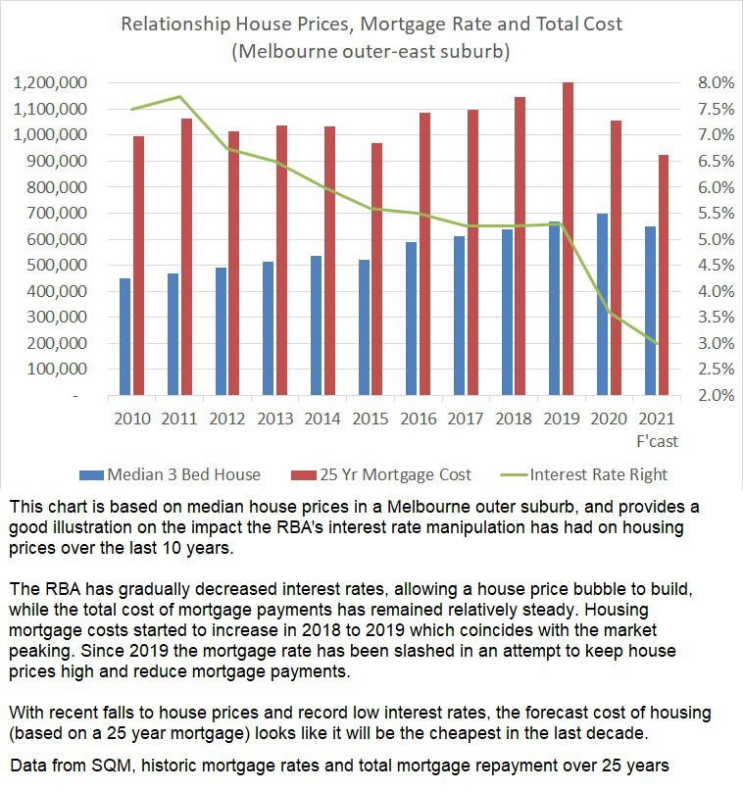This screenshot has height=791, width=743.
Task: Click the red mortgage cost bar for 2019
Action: (x=568, y=239)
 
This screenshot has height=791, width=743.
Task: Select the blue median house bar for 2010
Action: (x=124, y=337)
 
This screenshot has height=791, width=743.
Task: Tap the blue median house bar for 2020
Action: (x=602, y=305)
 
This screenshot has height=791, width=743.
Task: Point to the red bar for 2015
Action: (x=377, y=270)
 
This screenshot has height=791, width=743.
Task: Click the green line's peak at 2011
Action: (x=179, y=96)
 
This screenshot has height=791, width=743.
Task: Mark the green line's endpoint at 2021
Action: (x=657, y=344)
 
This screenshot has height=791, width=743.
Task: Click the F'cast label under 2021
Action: (x=657, y=441)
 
